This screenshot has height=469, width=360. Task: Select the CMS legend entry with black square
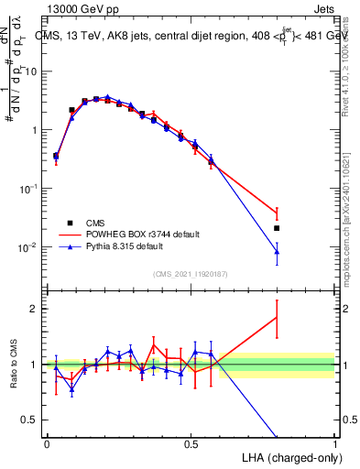[x=70, y=223]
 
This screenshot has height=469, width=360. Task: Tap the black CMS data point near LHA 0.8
[x=277, y=228]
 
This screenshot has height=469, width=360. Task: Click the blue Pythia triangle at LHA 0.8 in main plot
[x=277, y=251]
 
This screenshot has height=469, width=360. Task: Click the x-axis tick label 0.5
[x=191, y=444]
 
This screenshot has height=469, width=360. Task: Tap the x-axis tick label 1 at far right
[x=335, y=444]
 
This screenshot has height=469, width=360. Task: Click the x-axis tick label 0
[x=47, y=444]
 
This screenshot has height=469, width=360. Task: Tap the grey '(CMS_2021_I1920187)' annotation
[x=191, y=273]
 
